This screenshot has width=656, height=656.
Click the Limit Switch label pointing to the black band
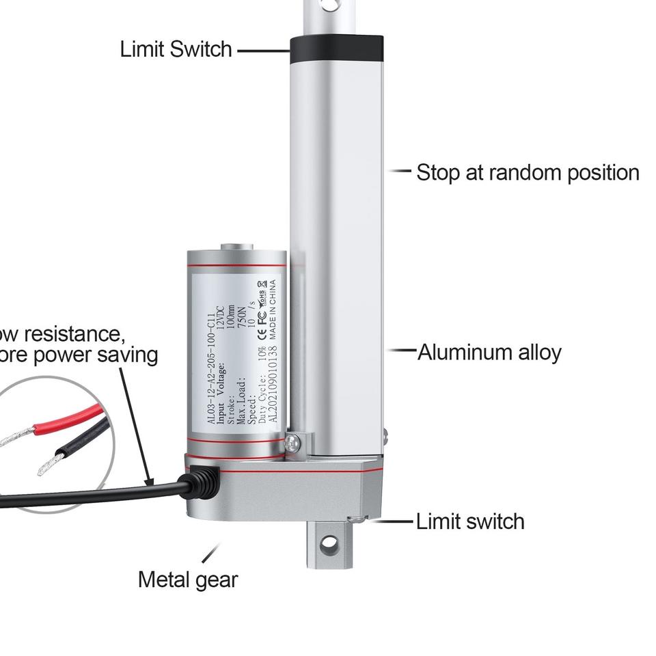click(176, 49)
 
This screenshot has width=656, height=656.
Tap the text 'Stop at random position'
click(528, 172)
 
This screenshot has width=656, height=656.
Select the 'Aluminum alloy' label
click(489, 353)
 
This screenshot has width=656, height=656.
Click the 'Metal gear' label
click(188, 579)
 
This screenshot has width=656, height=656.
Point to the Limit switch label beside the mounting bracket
click(470, 521)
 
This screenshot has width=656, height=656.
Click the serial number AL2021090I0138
click(272, 385)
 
